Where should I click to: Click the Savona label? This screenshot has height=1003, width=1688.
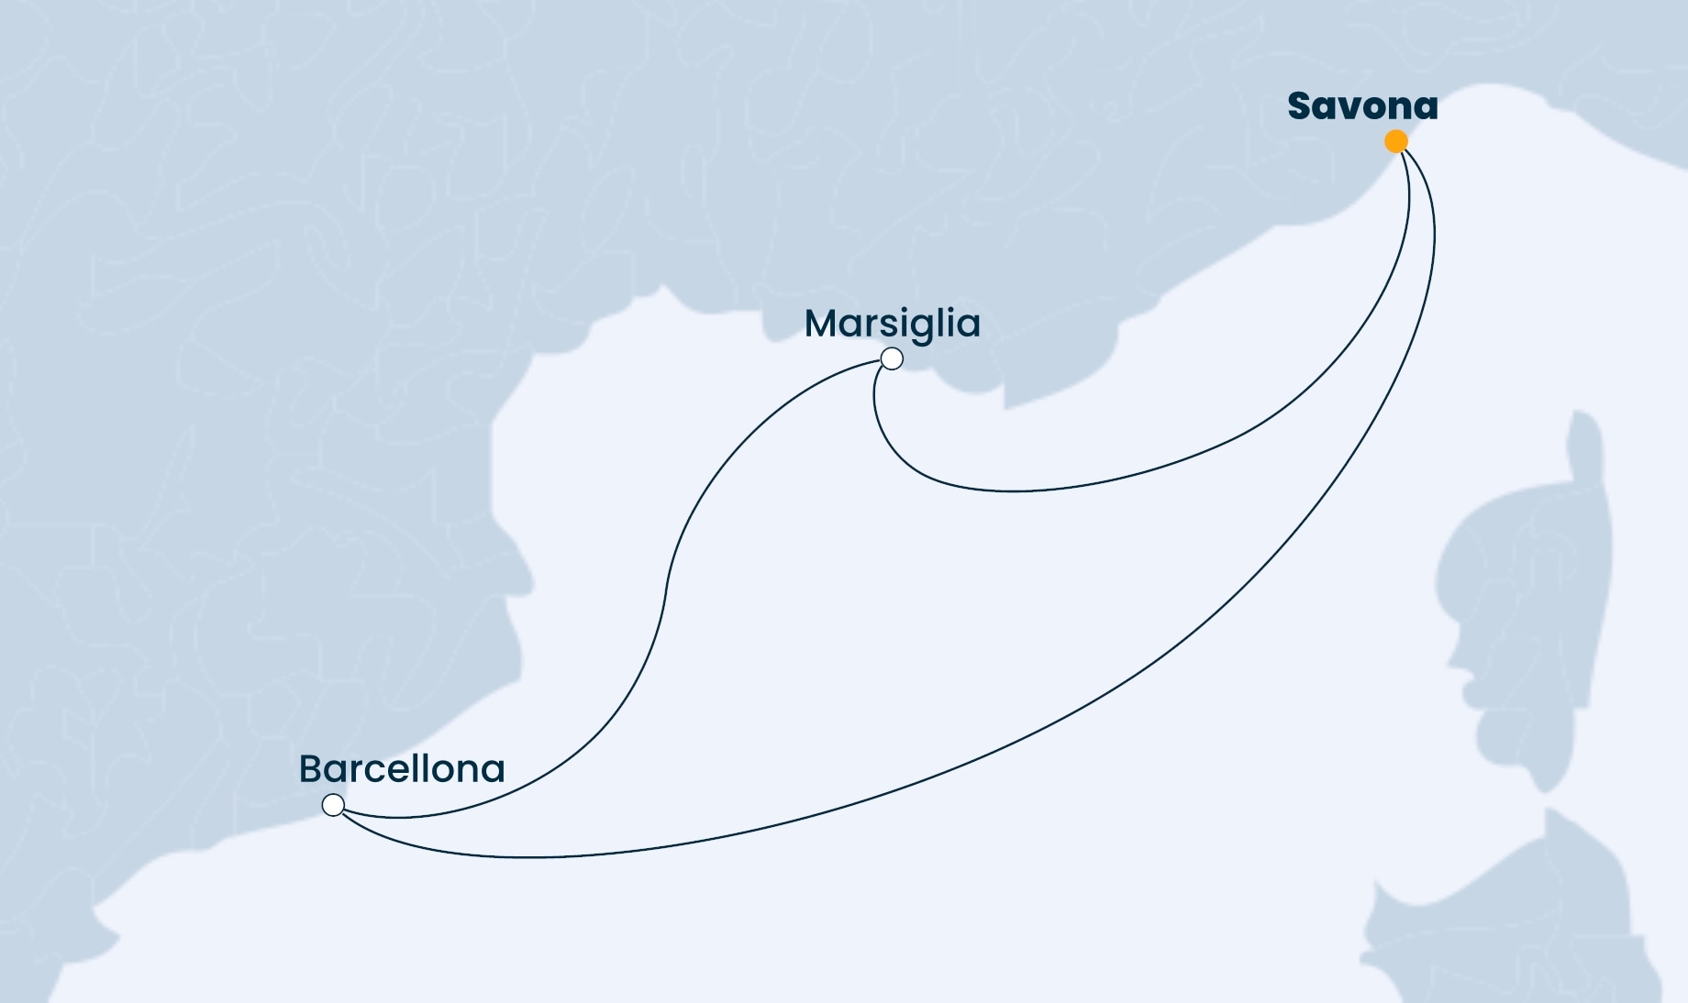click(1362, 106)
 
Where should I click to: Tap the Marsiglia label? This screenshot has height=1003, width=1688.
click(892, 324)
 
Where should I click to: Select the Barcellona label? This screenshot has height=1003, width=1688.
click(402, 769)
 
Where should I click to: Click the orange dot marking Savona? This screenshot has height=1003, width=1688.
click(1395, 141)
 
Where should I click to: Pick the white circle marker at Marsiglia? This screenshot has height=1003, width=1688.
click(891, 358)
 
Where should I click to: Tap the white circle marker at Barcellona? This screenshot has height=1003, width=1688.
click(333, 805)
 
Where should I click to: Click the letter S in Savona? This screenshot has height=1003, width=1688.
click(1300, 106)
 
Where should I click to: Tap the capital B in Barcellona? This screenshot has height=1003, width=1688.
click(311, 769)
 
